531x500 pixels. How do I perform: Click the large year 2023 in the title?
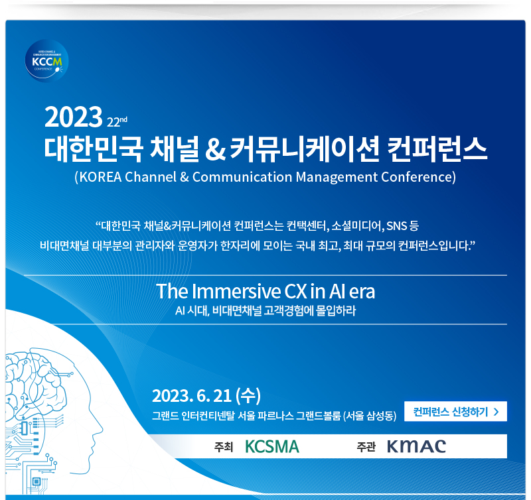click(73, 118)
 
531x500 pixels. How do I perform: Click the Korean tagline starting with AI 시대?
click(265, 310)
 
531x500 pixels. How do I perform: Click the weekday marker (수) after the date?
click(248, 396)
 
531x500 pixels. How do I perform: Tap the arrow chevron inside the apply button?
click(496, 412)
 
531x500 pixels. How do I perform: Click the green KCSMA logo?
click(272, 446)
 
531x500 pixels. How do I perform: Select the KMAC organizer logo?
click(416, 446)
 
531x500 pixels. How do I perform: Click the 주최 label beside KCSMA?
click(224, 447)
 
